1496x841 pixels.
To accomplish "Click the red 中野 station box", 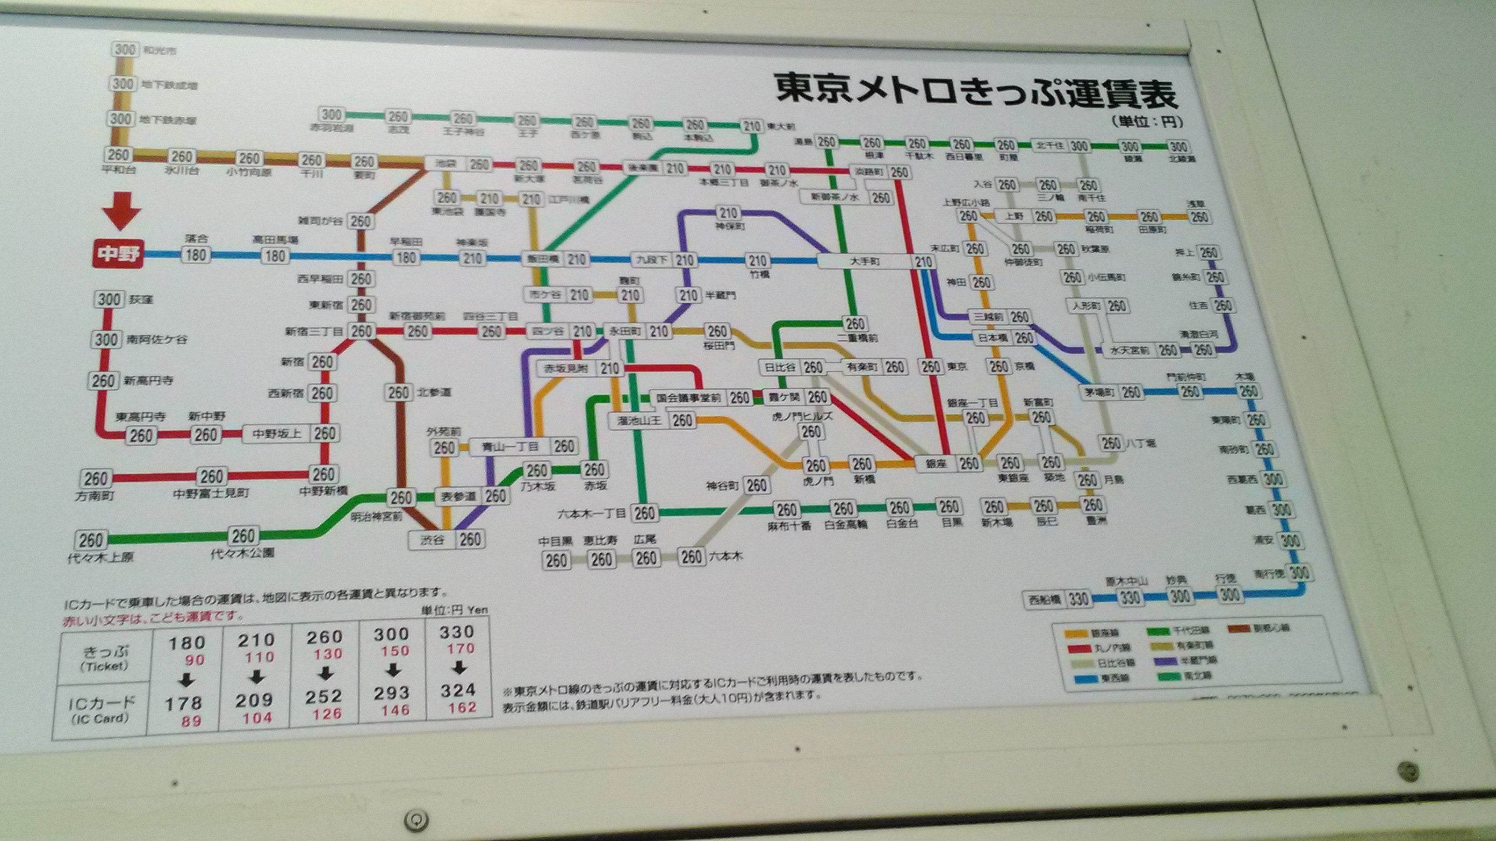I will tap(117, 254).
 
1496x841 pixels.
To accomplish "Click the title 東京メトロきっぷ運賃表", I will tap(976, 93).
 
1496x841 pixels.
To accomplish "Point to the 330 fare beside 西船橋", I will tap(1078, 599).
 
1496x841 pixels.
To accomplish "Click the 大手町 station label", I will tap(865, 262).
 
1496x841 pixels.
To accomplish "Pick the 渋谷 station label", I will tap(432, 540).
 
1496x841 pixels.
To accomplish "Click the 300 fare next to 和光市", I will tap(124, 50).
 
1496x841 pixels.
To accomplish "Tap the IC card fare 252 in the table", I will tap(324, 696).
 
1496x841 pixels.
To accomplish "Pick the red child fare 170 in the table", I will tap(460, 649).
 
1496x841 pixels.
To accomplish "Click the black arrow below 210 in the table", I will tap(257, 677).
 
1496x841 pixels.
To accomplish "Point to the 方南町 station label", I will tap(94, 497).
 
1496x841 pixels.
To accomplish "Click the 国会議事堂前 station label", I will tap(688, 398).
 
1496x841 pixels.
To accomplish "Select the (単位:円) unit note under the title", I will tap(1146, 122).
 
